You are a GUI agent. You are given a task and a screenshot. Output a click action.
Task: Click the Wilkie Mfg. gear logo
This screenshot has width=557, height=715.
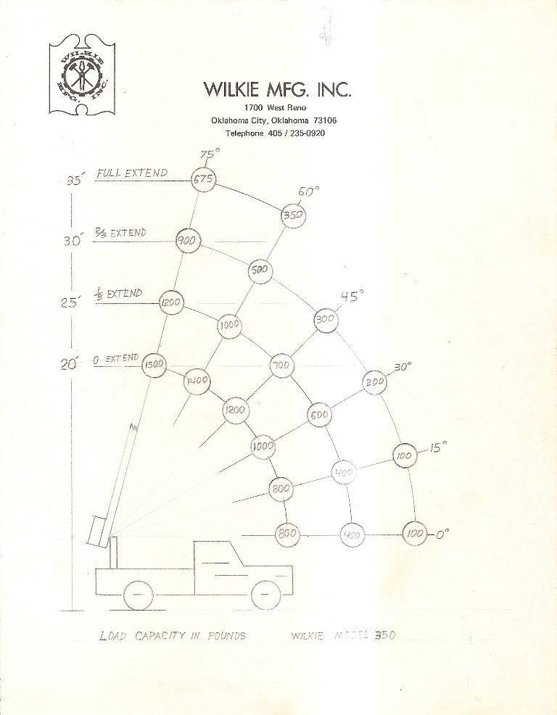click(x=81, y=75)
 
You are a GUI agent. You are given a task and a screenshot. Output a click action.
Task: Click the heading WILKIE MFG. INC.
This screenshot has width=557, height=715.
click(x=277, y=89)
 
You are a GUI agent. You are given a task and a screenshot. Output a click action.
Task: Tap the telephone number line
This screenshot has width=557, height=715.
click(x=274, y=133)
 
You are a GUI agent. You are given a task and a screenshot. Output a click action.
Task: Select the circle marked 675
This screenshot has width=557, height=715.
click(x=202, y=180)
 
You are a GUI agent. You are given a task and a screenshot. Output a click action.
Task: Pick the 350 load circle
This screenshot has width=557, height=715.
click(x=293, y=215)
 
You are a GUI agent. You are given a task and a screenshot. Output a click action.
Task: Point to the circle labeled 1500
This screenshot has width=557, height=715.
click(x=154, y=365)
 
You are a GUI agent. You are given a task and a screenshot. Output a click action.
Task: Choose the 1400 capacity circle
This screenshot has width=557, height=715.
click(x=197, y=381)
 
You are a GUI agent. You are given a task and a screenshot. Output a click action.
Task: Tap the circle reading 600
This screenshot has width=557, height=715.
click(x=319, y=416)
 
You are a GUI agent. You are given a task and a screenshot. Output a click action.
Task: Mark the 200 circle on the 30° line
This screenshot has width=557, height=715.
click(x=374, y=381)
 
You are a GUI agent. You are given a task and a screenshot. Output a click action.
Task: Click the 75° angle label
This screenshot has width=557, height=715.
click(x=209, y=154)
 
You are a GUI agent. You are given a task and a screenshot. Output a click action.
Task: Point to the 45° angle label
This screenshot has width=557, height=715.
click(x=352, y=296)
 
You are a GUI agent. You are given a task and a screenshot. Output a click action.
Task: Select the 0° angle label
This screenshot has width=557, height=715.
click(x=442, y=534)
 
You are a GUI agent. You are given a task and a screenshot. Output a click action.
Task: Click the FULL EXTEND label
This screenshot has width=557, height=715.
click(x=132, y=173)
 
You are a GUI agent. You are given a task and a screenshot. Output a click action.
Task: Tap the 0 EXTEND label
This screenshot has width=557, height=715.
click(x=116, y=359)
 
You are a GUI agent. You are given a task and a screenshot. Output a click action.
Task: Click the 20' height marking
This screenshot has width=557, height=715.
click(x=68, y=365)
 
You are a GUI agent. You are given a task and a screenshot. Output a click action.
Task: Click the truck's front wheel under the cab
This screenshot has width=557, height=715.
click(x=265, y=595)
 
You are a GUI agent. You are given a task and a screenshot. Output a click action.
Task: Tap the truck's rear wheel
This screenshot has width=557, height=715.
click(x=138, y=596)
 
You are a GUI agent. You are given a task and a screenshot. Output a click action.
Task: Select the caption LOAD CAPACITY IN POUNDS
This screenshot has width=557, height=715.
click(x=172, y=636)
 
